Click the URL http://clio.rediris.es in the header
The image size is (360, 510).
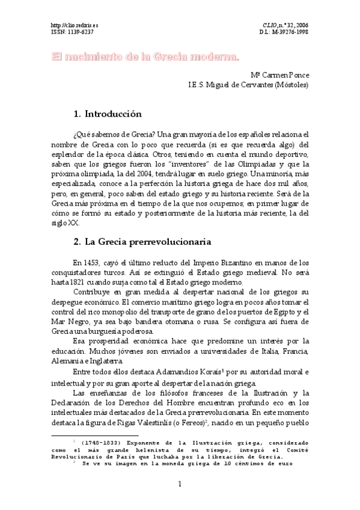(x=72, y=25)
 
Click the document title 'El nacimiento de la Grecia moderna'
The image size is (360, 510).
(x=144, y=57)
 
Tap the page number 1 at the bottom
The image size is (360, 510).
(x=180, y=485)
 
